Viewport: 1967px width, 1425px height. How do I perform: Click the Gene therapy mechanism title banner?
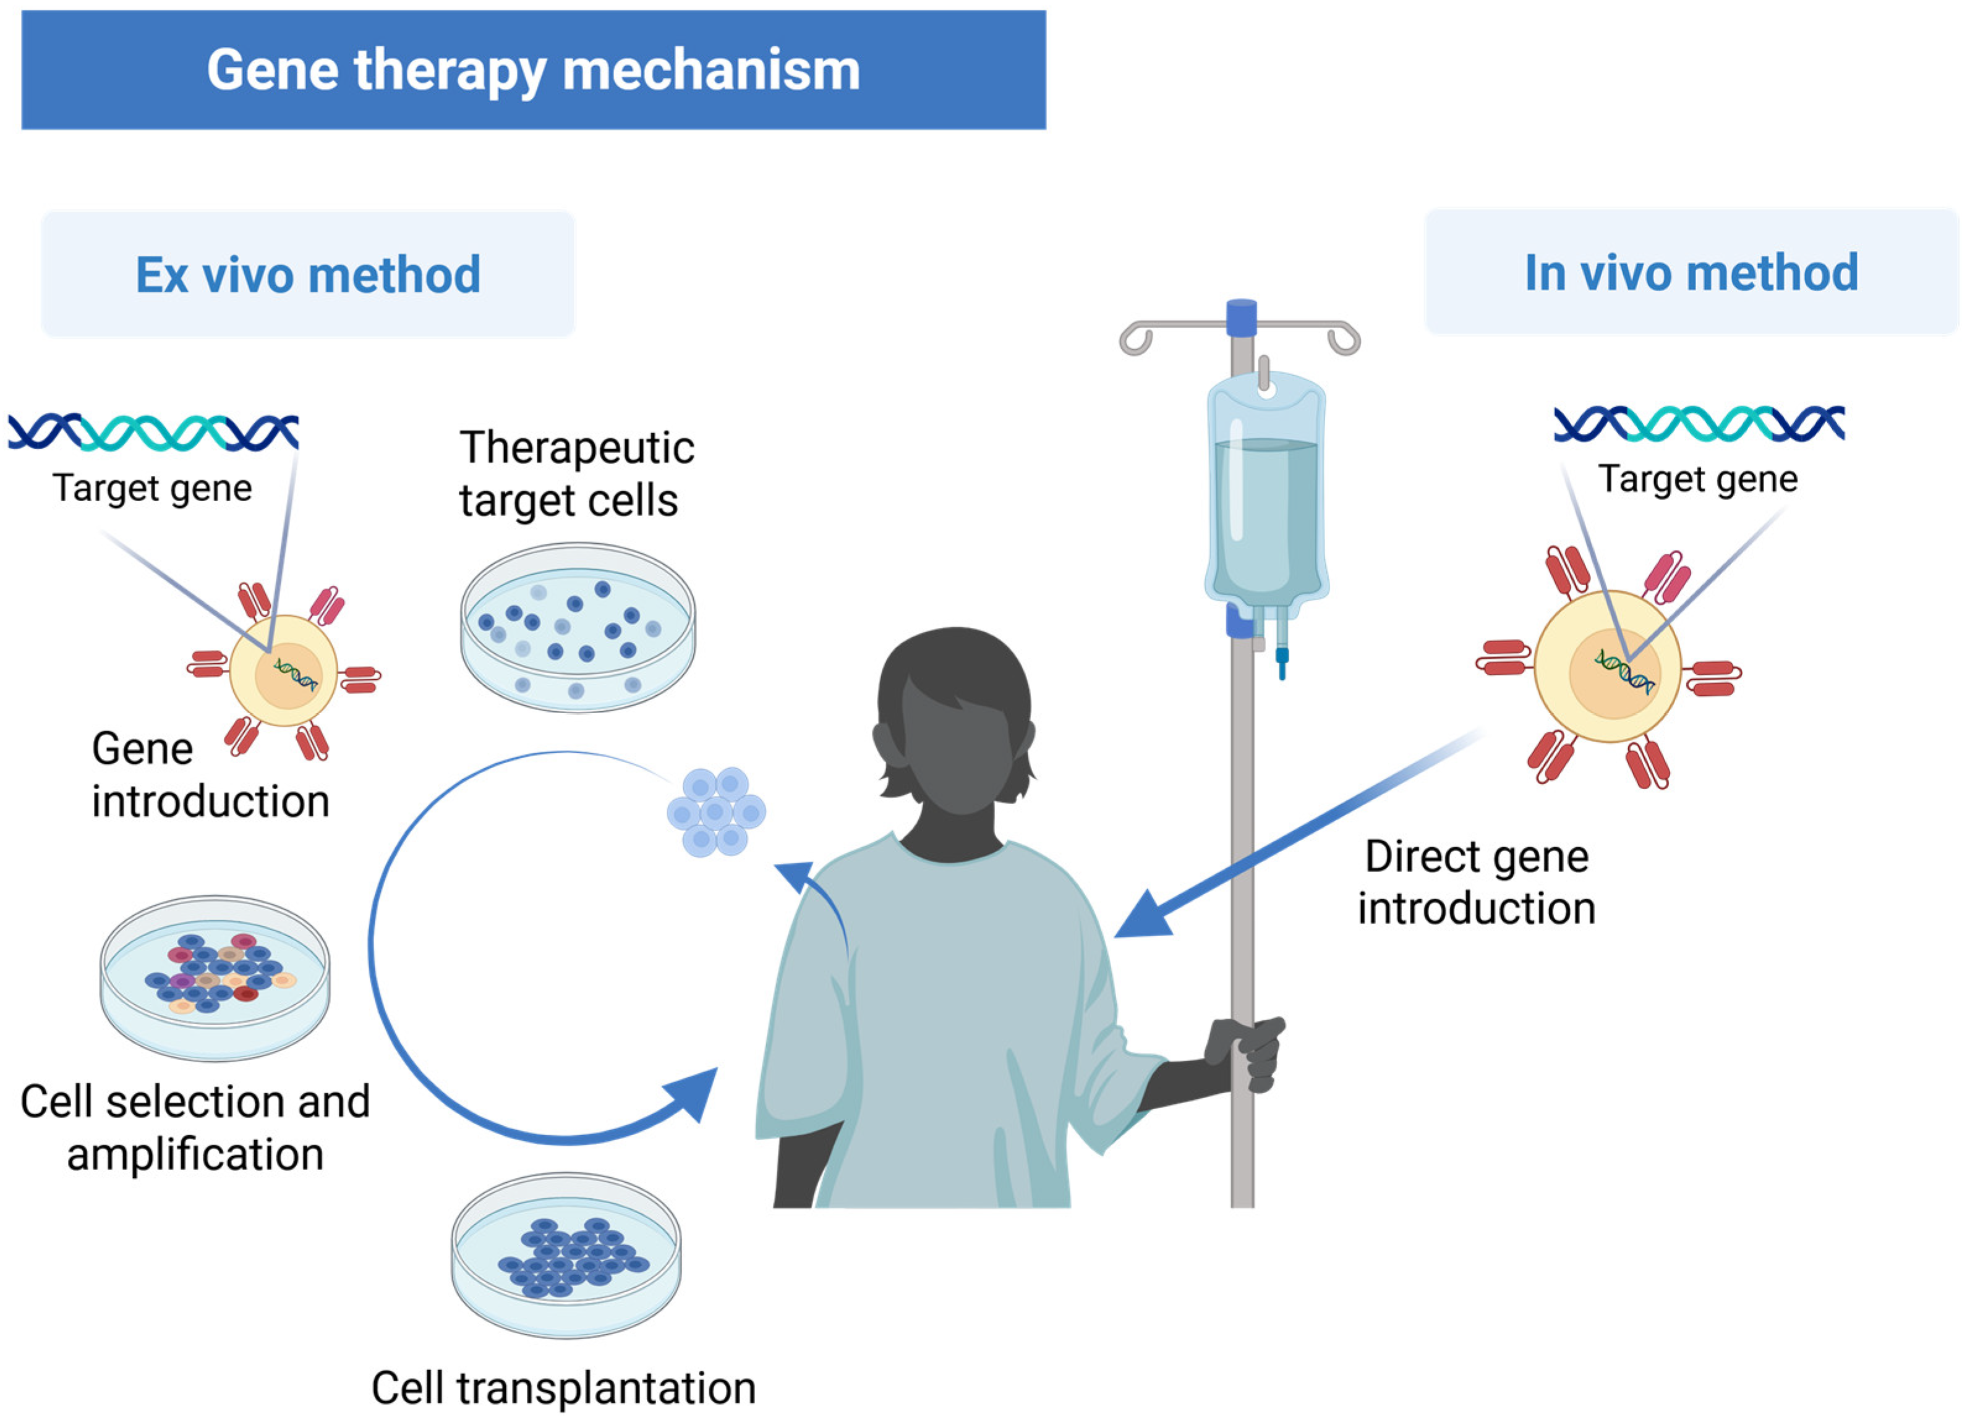tap(534, 69)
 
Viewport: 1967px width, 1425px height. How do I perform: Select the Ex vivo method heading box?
tap(308, 274)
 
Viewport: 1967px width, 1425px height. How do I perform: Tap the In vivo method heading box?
tap(1691, 272)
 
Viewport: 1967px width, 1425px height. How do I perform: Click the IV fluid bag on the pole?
tap(1266, 494)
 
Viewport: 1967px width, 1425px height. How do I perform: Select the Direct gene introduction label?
tap(1476, 882)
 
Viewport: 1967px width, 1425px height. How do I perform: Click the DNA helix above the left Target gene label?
tap(153, 432)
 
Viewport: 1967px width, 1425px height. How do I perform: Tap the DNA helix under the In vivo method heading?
tap(1698, 423)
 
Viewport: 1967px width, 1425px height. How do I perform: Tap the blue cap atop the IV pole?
tap(1241, 317)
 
